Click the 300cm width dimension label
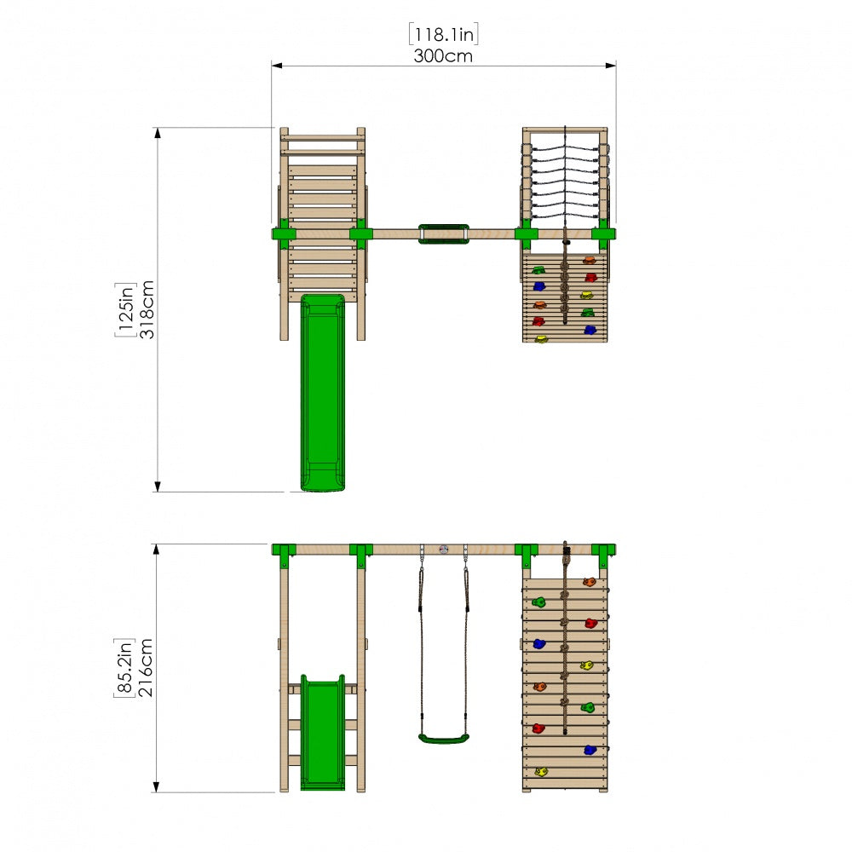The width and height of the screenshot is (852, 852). (443, 56)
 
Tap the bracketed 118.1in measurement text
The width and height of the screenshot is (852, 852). (443, 34)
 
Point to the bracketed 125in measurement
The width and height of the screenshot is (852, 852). (125, 310)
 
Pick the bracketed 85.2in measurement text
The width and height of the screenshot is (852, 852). (124, 668)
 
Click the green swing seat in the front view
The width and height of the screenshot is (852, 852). (443, 739)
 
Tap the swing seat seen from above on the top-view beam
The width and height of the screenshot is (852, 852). (443, 234)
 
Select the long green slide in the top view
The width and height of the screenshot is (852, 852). (323, 392)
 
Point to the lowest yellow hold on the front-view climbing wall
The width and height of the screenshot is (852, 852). (541, 772)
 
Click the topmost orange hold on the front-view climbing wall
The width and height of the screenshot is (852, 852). (589, 583)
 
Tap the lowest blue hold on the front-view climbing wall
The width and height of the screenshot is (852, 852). (590, 751)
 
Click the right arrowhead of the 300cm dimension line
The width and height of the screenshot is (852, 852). (611, 66)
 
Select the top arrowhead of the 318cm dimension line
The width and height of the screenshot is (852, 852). (158, 133)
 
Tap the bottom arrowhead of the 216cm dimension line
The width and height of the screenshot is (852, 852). (156, 786)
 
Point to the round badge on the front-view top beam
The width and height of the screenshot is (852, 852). (444, 550)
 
